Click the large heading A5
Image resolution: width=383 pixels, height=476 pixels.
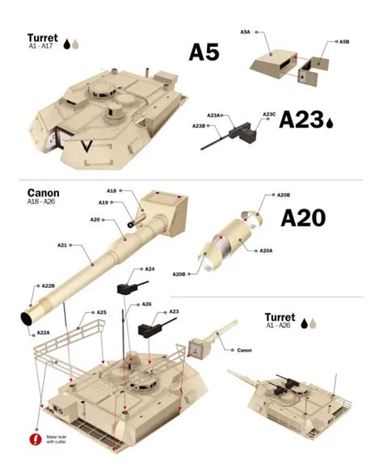(204, 52)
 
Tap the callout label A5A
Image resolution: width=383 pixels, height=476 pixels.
(245, 32)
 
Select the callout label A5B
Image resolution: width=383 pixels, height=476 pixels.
(344, 41)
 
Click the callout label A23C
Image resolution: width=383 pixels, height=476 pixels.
(269, 114)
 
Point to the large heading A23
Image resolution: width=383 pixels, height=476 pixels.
(301, 120)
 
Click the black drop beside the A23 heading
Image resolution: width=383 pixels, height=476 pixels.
(330, 123)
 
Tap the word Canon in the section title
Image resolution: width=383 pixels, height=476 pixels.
(44, 193)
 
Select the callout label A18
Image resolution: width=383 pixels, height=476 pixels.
(112, 191)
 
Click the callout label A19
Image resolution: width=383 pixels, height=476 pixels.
(103, 203)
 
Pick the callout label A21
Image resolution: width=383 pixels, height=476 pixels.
(62, 245)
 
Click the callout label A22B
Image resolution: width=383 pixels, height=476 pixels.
(48, 285)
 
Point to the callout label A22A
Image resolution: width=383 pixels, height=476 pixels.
(44, 333)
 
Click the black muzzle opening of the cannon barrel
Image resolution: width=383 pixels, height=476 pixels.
(26, 318)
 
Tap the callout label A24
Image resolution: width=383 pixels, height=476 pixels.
(149, 269)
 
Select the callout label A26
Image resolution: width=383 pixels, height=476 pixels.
(147, 304)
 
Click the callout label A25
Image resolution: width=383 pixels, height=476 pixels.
(102, 313)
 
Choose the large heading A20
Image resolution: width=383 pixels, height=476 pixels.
(303, 218)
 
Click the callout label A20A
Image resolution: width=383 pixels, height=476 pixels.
(266, 251)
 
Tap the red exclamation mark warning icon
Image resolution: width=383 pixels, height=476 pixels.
(36, 439)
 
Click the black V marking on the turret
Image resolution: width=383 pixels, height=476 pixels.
(86, 145)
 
